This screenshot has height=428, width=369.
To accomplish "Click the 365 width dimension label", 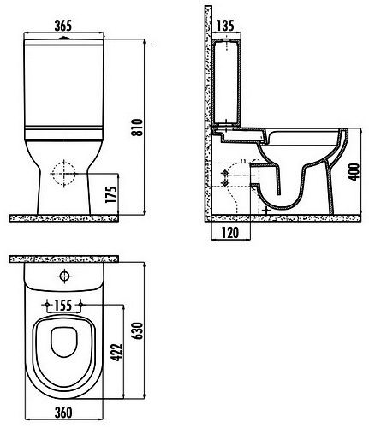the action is click(x=62, y=26).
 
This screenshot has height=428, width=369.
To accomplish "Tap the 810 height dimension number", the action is click(x=138, y=128).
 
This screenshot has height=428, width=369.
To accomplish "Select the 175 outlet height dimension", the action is click(x=111, y=195).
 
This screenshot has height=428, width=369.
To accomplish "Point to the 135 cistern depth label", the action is click(x=225, y=26).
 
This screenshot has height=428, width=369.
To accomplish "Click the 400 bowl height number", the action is click(x=354, y=172).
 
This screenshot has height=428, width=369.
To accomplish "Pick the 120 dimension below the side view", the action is click(x=230, y=233).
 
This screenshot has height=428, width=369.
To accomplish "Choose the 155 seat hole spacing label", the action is click(x=63, y=306).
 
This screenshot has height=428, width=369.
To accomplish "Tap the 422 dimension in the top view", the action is click(x=116, y=353).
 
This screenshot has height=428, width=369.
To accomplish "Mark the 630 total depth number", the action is click(x=138, y=330).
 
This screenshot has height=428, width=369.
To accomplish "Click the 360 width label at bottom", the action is click(x=63, y=413).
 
